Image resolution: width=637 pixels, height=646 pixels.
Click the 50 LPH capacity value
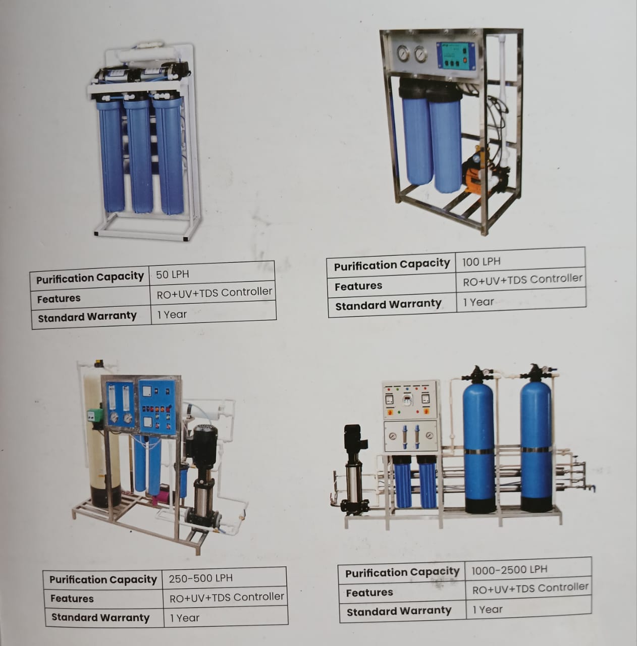pos(173,275)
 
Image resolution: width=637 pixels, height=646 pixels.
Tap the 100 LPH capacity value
pos(482,261)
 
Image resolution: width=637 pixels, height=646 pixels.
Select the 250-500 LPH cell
pos(200,578)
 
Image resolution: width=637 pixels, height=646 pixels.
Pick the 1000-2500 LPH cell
pos(509,570)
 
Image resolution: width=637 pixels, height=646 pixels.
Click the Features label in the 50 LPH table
pos(59,299)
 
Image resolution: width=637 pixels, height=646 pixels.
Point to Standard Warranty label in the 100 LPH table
pos(388,305)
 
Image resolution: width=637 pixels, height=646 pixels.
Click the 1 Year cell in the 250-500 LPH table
pos(185,618)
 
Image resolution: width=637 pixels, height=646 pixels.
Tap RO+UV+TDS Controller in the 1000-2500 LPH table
pos(530,588)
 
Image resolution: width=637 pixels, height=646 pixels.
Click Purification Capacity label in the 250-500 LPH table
pos(103,579)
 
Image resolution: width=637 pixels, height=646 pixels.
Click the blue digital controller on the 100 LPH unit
pos(456,56)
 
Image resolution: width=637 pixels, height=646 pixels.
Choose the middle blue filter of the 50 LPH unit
pos(138,154)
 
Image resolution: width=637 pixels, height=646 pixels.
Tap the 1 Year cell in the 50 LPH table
pos(172,314)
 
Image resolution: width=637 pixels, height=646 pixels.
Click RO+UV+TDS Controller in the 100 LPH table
pos(522,280)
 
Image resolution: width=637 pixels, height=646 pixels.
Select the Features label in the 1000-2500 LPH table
pos(369,593)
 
